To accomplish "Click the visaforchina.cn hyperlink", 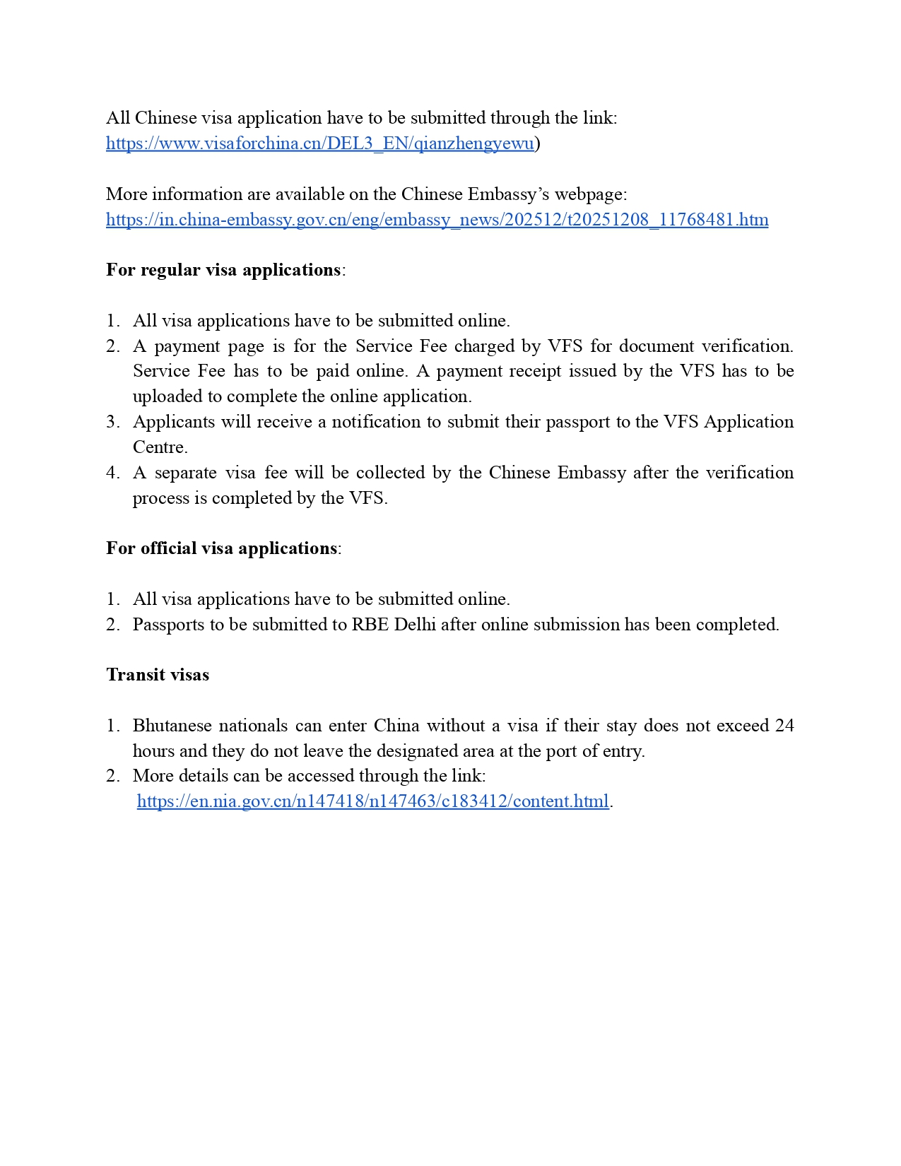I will (x=319, y=143).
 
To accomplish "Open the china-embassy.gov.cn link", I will (x=437, y=220).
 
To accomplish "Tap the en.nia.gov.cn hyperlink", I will (x=372, y=801).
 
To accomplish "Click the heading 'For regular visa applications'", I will (x=223, y=270).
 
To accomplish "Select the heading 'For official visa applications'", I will (x=221, y=548).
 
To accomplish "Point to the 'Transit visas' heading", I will (x=158, y=675).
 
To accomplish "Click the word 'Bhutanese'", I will (x=170, y=726).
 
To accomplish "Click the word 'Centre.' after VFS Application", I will (x=160, y=447).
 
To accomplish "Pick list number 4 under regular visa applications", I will (x=113, y=473).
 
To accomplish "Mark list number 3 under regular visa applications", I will (x=113, y=422).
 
